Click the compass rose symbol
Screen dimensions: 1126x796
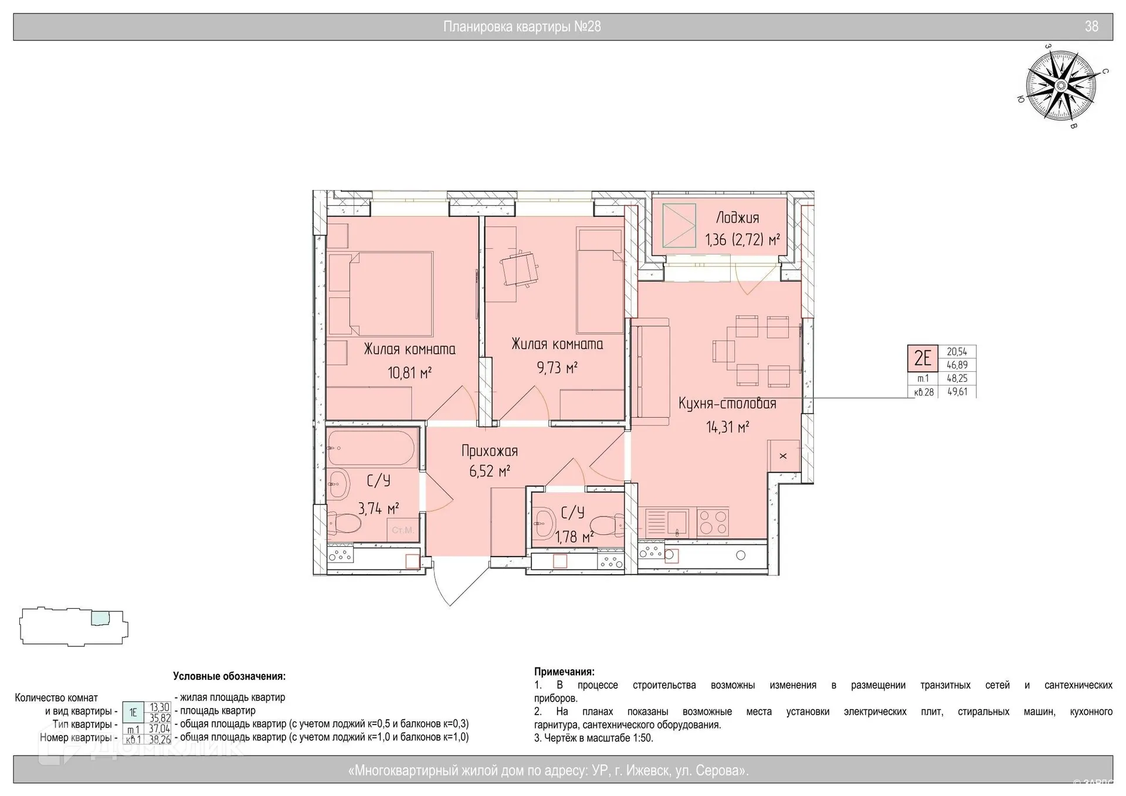[1061, 86]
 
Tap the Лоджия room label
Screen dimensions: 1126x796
[738, 218]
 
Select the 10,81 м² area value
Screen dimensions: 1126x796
[409, 372]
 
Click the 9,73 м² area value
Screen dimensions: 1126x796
[557, 368]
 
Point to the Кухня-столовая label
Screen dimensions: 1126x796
[727, 404]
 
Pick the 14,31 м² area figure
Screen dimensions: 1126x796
[727, 427]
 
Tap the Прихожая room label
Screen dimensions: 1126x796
[490, 451]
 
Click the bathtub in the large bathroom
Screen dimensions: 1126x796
[372, 448]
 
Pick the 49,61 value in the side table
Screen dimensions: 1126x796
[957, 392]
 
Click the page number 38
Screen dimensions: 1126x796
[1091, 26]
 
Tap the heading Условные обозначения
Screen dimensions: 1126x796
[229, 676]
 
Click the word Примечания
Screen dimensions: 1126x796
[564, 672]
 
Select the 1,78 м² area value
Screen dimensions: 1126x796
[575, 537]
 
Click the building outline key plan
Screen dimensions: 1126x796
[74, 626]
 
